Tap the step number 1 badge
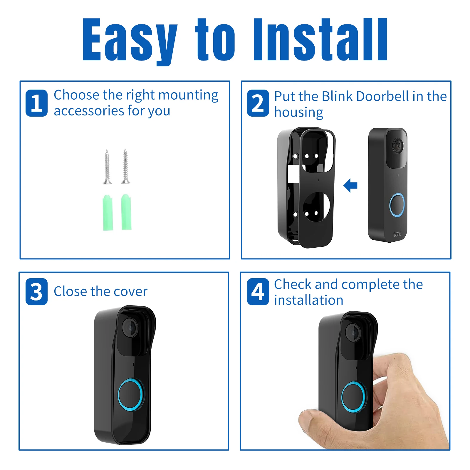(x=36, y=103)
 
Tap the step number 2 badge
(x=258, y=103)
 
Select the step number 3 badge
(x=36, y=292)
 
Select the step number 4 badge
(x=258, y=292)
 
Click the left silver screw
(x=107, y=167)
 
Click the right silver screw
(x=125, y=166)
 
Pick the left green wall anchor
(x=108, y=212)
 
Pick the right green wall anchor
(x=126, y=212)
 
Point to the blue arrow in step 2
(x=350, y=185)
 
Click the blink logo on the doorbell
(x=397, y=234)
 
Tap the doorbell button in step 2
(x=397, y=205)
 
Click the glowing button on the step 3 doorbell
(x=131, y=395)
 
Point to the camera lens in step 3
(x=130, y=327)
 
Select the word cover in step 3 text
(x=131, y=292)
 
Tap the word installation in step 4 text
(x=309, y=300)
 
